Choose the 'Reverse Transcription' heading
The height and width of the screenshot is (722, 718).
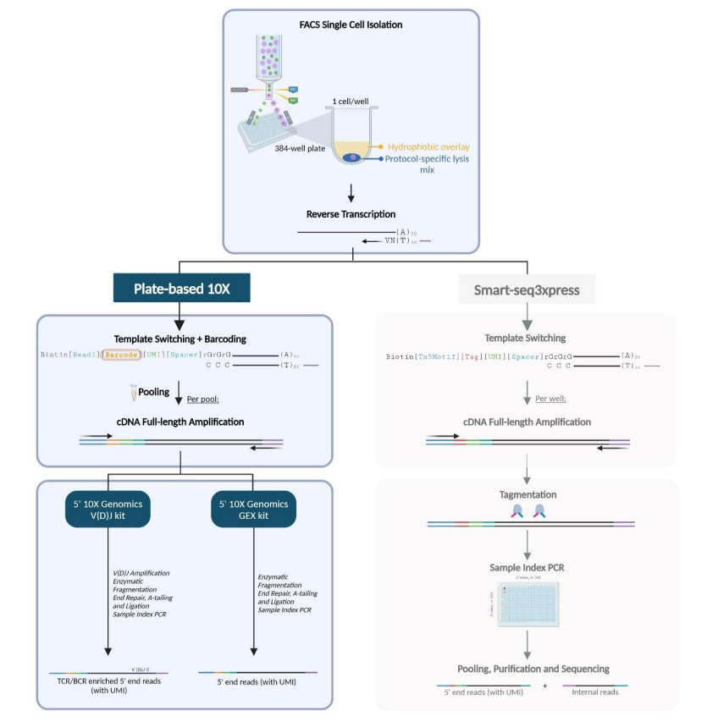351,214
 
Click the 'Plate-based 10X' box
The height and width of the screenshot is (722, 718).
181,289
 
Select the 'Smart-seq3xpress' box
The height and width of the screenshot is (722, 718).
526,289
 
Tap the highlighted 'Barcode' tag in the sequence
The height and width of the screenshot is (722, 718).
120,355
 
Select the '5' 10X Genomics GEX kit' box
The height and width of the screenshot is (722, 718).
255,510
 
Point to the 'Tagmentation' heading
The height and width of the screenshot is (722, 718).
526,493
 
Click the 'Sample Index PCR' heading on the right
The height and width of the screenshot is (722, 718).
527,565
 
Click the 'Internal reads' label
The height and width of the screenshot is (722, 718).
596,692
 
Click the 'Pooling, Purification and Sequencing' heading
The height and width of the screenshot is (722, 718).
526,669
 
